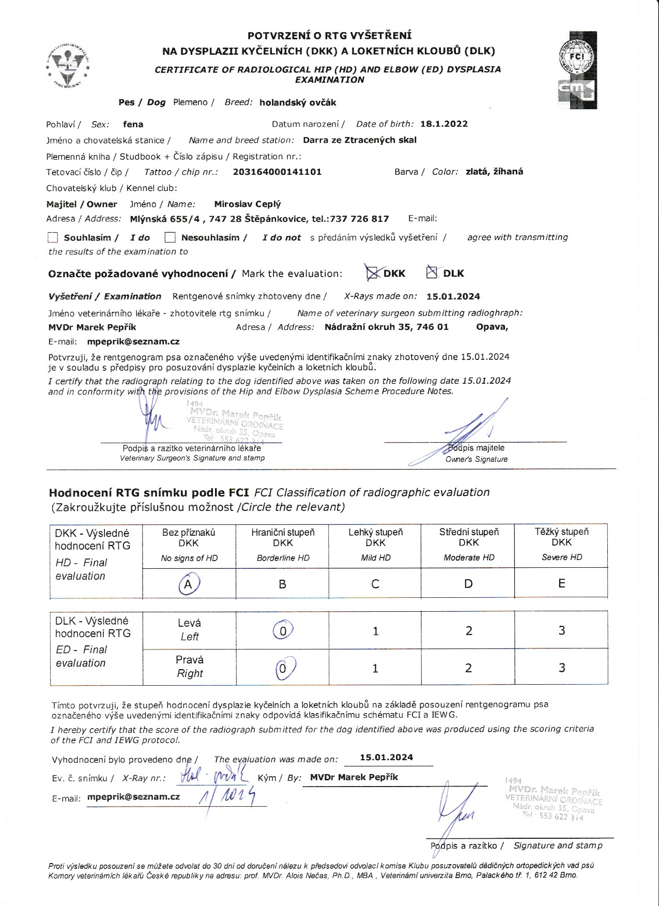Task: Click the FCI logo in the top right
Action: pyautogui.click(x=577, y=70)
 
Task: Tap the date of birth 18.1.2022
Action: pyautogui.click(x=443, y=124)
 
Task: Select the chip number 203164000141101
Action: pyautogui.click(x=277, y=172)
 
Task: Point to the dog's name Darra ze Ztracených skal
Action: pyautogui.click(x=359, y=140)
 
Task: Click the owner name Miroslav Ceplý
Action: pyautogui.click(x=247, y=204)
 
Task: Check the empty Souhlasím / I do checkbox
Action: pyautogui.click(x=53, y=237)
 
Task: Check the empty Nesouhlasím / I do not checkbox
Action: pyautogui.click(x=170, y=237)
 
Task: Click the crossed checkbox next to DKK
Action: pyautogui.click(x=372, y=273)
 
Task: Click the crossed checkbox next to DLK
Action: pyautogui.click(x=432, y=272)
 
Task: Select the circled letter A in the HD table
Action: pyautogui.click(x=189, y=584)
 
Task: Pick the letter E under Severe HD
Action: pyautogui.click(x=561, y=584)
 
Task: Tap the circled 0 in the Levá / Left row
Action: pyautogui.click(x=283, y=631)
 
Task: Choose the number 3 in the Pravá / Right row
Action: pyautogui.click(x=561, y=668)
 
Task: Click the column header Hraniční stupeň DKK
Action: pyautogui.click(x=283, y=537)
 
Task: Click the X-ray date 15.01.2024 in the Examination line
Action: pyautogui.click(x=453, y=297)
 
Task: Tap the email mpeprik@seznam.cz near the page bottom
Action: pyautogui.click(x=133, y=797)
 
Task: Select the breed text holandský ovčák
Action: pyautogui.click(x=298, y=102)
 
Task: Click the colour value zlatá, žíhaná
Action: pyautogui.click(x=494, y=172)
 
